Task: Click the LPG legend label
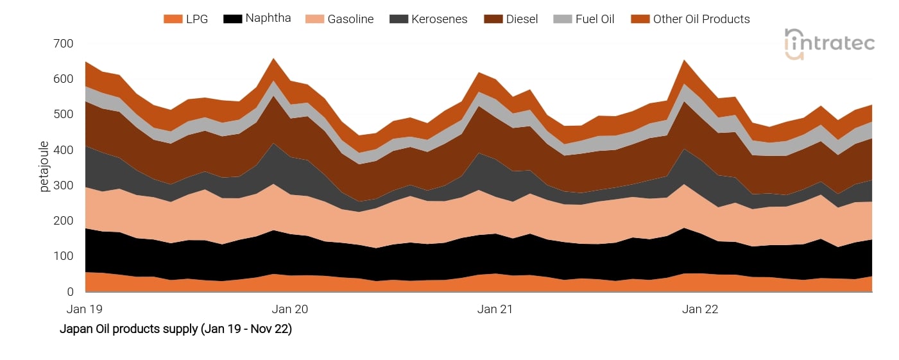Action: tap(197, 19)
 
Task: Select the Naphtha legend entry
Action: tap(268, 19)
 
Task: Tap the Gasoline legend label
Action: tap(350, 19)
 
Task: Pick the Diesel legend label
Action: tap(522, 19)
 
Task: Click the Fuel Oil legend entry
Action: tap(594, 19)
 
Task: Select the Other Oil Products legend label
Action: tap(701, 19)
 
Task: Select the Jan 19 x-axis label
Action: tap(85, 309)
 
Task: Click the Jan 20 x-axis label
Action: tap(290, 309)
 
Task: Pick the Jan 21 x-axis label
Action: tap(495, 309)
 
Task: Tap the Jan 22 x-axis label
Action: tap(700, 309)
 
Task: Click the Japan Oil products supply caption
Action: tap(175, 329)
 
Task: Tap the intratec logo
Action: tap(830, 44)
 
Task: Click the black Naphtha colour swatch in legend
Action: tap(232, 19)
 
